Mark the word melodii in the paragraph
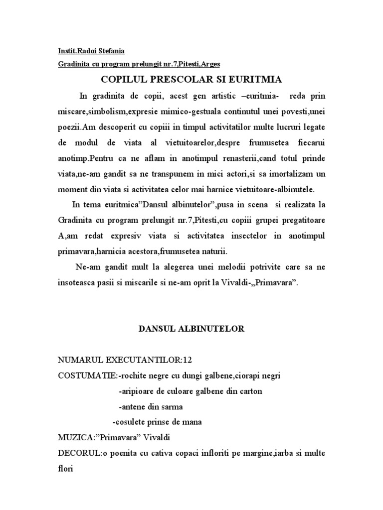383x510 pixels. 227,267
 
